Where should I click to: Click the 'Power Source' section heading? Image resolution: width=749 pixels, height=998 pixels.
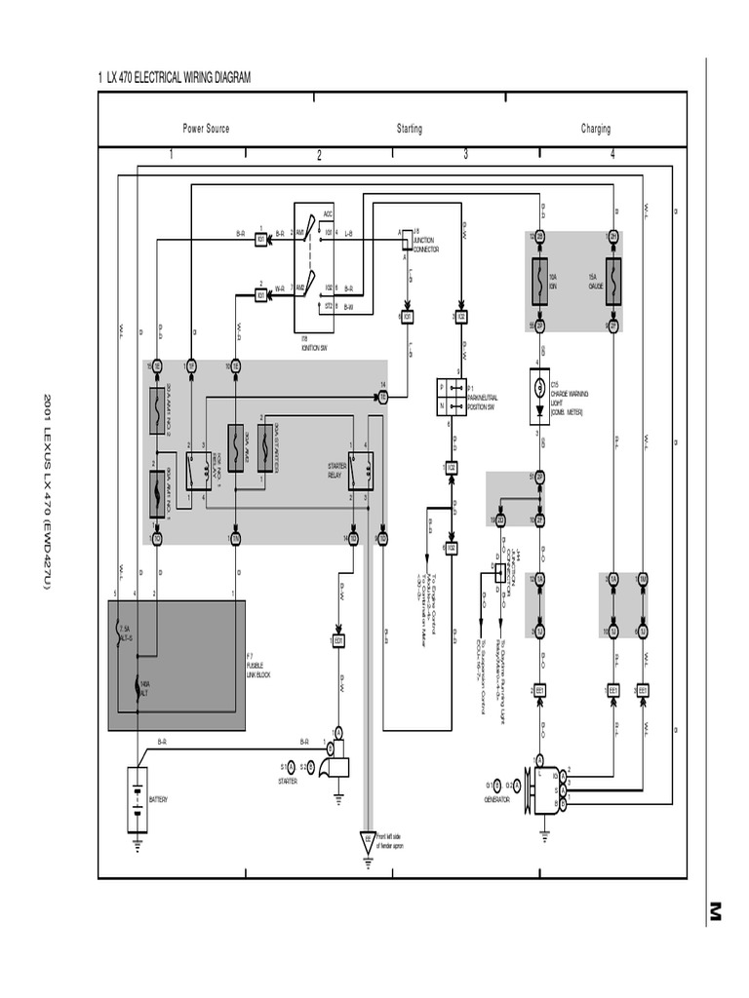(x=206, y=129)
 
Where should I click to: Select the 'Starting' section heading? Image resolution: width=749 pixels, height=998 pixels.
(x=410, y=129)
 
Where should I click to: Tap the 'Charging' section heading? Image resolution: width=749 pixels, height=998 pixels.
(x=596, y=129)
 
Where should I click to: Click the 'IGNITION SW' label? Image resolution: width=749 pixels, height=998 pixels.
(x=312, y=346)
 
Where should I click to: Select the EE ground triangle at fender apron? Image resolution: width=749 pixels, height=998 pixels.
(x=367, y=838)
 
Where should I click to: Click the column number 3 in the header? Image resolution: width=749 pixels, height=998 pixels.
(x=465, y=154)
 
